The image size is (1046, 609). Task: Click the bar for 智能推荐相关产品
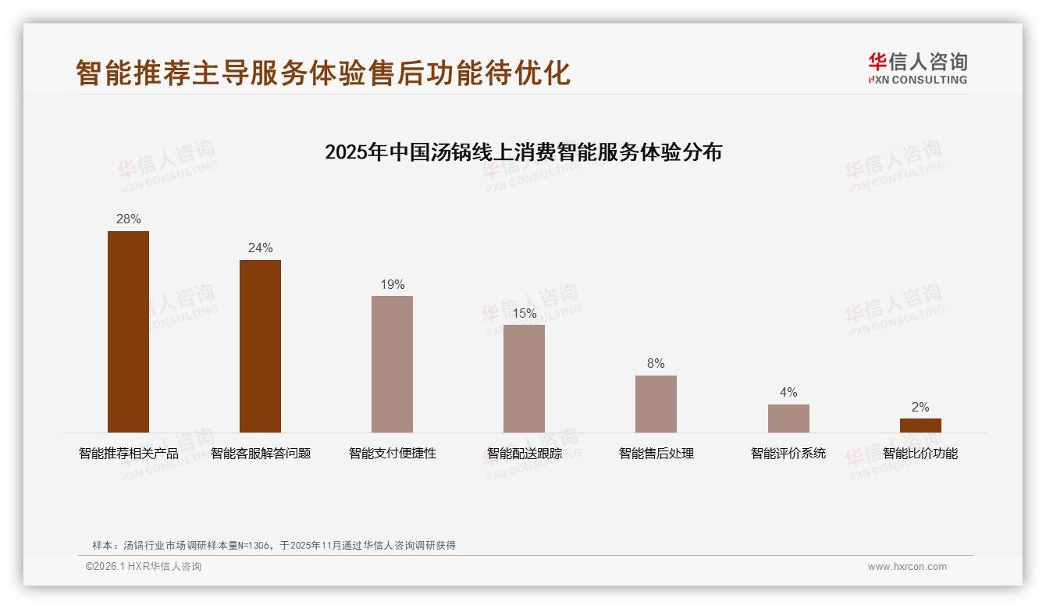pos(128,332)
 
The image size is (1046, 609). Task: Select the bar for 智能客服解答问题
pos(260,346)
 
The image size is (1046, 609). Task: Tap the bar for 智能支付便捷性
pos(392,364)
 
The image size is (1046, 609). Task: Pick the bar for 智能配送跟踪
pos(524,379)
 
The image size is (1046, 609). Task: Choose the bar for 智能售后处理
pos(656,404)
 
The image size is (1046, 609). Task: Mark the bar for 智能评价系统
pos(788,418)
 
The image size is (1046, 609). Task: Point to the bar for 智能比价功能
pos(920,426)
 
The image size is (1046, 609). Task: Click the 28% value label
pos(128,219)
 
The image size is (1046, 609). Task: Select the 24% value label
pos(260,248)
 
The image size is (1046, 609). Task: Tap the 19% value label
pos(392,285)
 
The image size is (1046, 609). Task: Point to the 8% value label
pos(656,364)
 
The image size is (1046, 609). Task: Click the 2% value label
pos(920,408)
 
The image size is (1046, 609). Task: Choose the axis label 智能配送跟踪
pos(524,454)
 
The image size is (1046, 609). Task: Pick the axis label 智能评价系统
pos(788,454)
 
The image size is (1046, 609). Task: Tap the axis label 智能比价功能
pos(920,454)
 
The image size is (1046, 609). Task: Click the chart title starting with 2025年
pos(523,151)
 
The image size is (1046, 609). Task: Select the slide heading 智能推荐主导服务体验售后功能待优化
pos(323,73)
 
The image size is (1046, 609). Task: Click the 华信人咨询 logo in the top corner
pos(917,68)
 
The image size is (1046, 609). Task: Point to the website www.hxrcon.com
pos(907,567)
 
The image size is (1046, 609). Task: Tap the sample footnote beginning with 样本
pos(273,546)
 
